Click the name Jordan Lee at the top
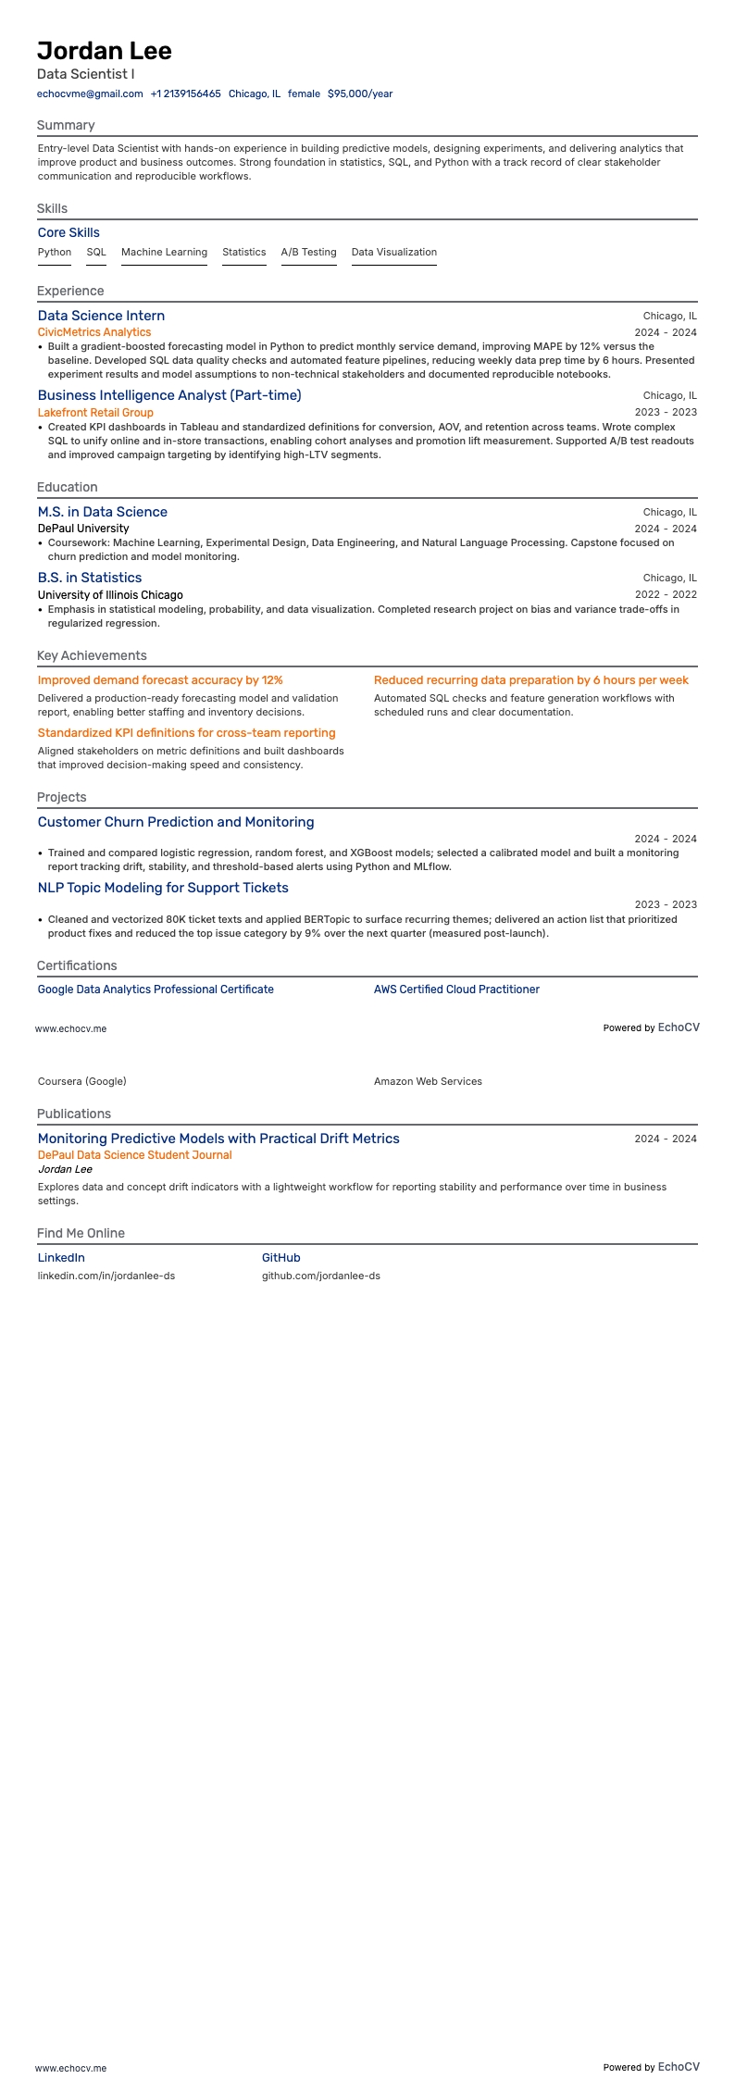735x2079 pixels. click(x=105, y=51)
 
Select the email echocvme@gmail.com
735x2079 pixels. click(x=90, y=93)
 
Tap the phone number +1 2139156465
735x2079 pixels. click(x=185, y=93)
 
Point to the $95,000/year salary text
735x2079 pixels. click(x=360, y=93)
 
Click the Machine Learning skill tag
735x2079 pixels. click(x=164, y=252)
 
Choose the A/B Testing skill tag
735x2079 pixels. click(x=308, y=252)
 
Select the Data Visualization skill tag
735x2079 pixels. click(x=393, y=252)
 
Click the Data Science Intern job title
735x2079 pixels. click(x=101, y=316)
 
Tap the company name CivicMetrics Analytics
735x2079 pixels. click(x=94, y=332)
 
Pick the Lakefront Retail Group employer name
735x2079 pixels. click(x=95, y=413)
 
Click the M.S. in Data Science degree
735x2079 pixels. click(x=103, y=512)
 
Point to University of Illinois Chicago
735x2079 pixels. click(x=110, y=595)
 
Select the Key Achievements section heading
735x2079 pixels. click(x=92, y=655)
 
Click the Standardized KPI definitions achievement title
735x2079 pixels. click(x=186, y=733)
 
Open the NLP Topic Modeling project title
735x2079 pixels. click(x=163, y=888)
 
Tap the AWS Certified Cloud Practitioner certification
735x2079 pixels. click(x=456, y=990)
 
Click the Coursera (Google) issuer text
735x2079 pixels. click(x=82, y=1081)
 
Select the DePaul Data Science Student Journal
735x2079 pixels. click(x=134, y=1155)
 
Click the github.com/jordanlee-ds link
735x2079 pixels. click(x=320, y=1276)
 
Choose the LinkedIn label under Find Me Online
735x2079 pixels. click(x=61, y=1258)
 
